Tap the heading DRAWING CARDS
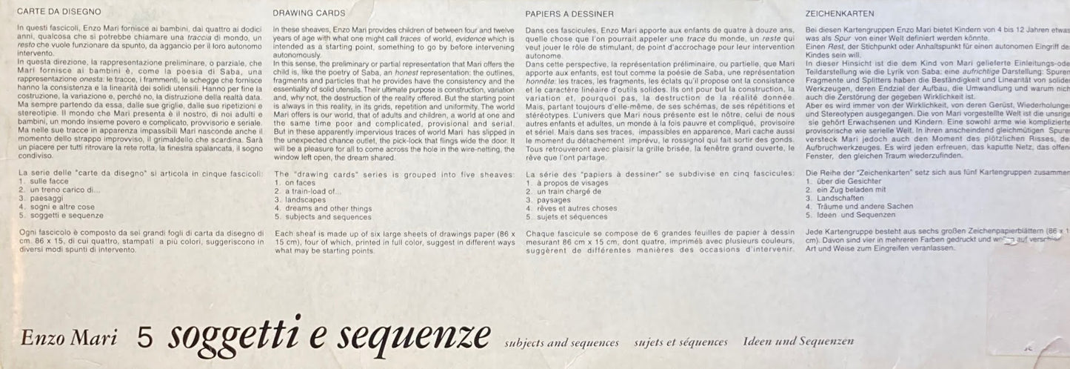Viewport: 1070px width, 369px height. pyautogui.click(x=309, y=13)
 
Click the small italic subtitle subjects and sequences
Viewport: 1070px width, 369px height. pyautogui.click(x=561, y=342)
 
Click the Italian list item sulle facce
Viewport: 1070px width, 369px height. pyautogui.click(x=50, y=182)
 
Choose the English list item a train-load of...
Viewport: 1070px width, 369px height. pyautogui.click(x=312, y=191)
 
